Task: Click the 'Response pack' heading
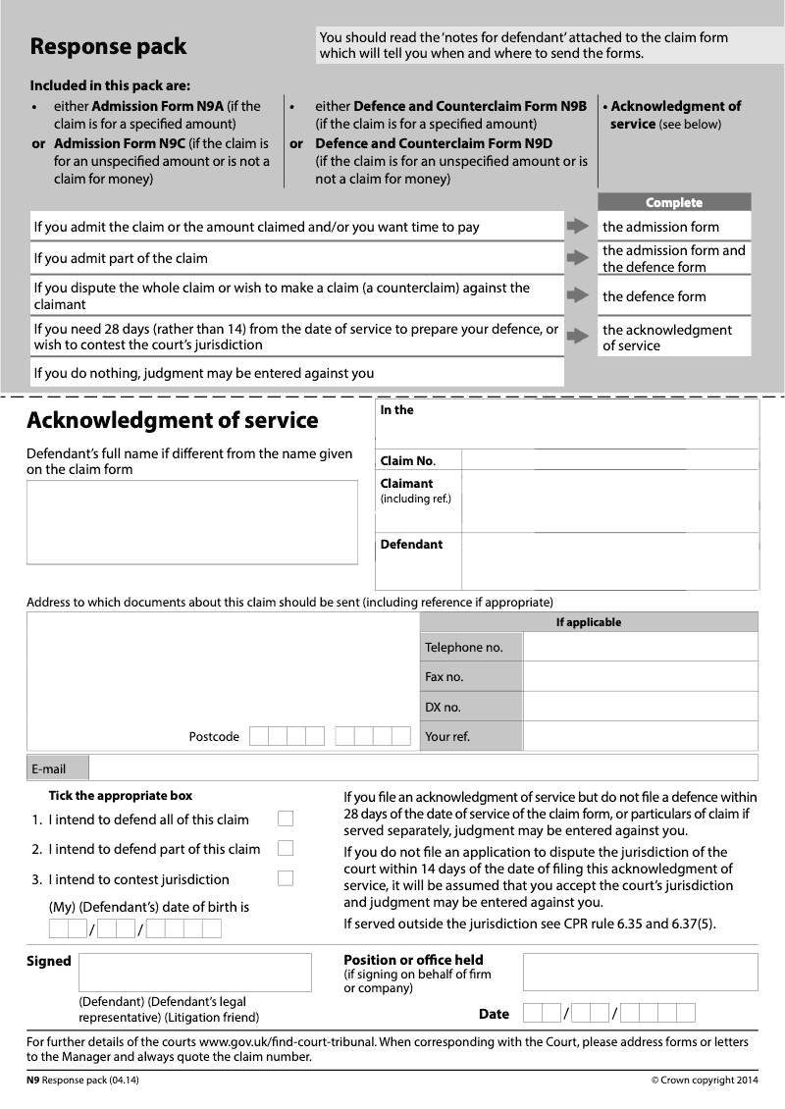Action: [108, 46]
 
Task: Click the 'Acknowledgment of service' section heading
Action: [173, 420]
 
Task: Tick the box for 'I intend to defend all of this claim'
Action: [286, 819]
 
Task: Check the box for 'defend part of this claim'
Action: [286, 848]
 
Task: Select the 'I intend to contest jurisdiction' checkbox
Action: [286, 878]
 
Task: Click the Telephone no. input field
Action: [640, 647]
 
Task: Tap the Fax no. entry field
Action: [640, 676]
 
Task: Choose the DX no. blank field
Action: [640, 707]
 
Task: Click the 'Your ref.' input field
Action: [640, 736]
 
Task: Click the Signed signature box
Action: [194, 972]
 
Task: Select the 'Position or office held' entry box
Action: [640, 972]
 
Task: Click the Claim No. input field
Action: [608, 460]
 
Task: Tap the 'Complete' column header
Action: [674, 202]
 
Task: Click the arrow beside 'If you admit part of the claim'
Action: [578, 258]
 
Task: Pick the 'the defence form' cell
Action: [673, 296]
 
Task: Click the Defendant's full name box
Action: [192, 522]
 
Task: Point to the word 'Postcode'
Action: [214, 737]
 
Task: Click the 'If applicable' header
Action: [589, 622]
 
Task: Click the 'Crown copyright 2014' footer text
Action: [705, 1081]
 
